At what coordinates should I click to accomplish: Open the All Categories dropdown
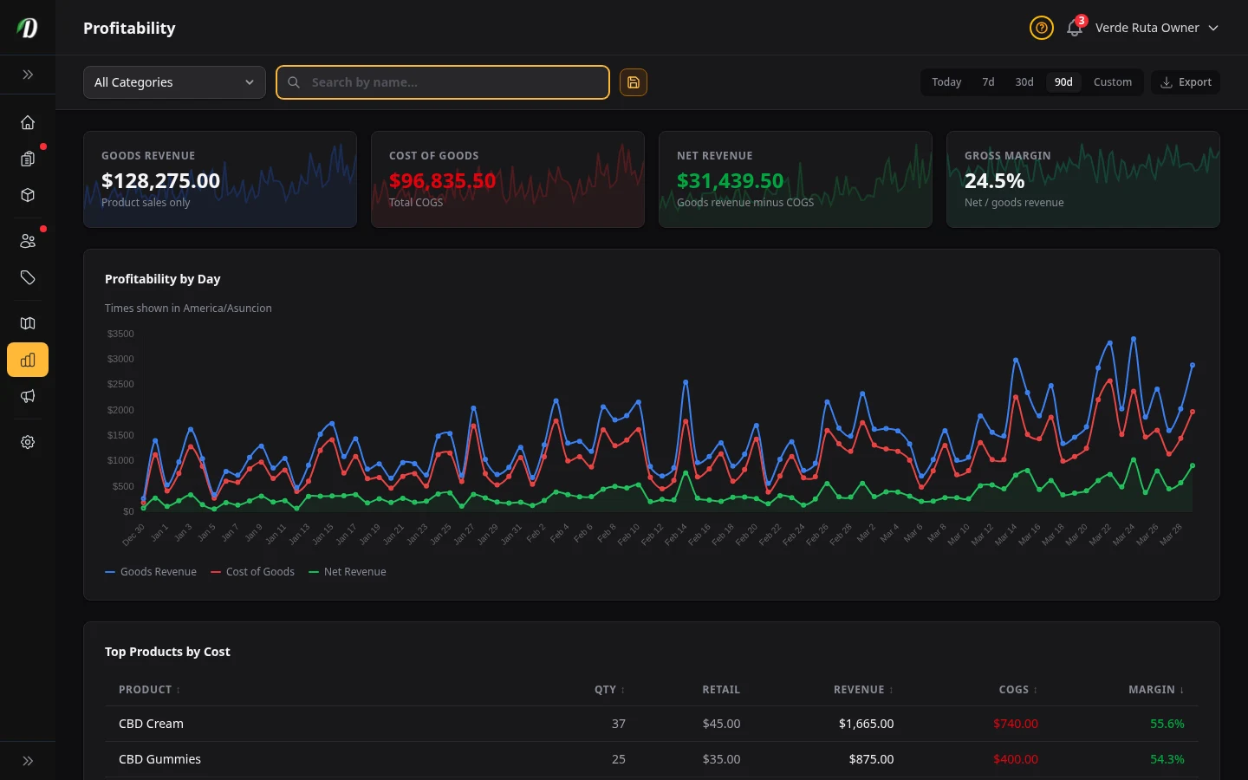(x=174, y=82)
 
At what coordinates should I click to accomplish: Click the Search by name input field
(x=451, y=82)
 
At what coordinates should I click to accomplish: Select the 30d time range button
(x=1024, y=82)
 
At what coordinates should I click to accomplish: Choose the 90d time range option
(x=1063, y=82)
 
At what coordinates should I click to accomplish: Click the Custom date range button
(x=1112, y=82)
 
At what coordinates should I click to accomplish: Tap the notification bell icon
(x=1074, y=28)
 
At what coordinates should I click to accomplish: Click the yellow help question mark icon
(x=1041, y=28)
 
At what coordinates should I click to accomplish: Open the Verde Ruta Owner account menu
(x=1156, y=28)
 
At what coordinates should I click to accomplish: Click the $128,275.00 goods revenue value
(x=160, y=180)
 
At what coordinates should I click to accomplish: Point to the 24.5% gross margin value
(x=994, y=180)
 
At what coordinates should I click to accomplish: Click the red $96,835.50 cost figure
(x=442, y=180)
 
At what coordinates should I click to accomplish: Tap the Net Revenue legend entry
(x=348, y=572)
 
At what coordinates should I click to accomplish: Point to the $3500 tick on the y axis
(x=120, y=334)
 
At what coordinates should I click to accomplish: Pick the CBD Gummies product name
(x=159, y=759)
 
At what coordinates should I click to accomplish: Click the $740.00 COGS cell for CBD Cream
(x=1015, y=724)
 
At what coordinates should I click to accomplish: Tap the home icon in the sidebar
(x=28, y=122)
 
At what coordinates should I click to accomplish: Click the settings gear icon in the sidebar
(x=28, y=442)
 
